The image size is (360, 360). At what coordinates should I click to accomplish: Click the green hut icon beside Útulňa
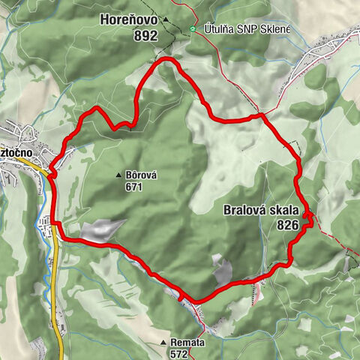[193, 29]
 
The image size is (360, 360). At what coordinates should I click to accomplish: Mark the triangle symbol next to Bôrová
[118, 176]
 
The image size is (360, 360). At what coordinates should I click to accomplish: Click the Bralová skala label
[262, 211]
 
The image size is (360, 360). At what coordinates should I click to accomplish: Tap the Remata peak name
[187, 343]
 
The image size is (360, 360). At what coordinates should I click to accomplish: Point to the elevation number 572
[178, 353]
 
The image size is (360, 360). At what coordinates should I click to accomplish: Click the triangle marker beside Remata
[163, 343]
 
